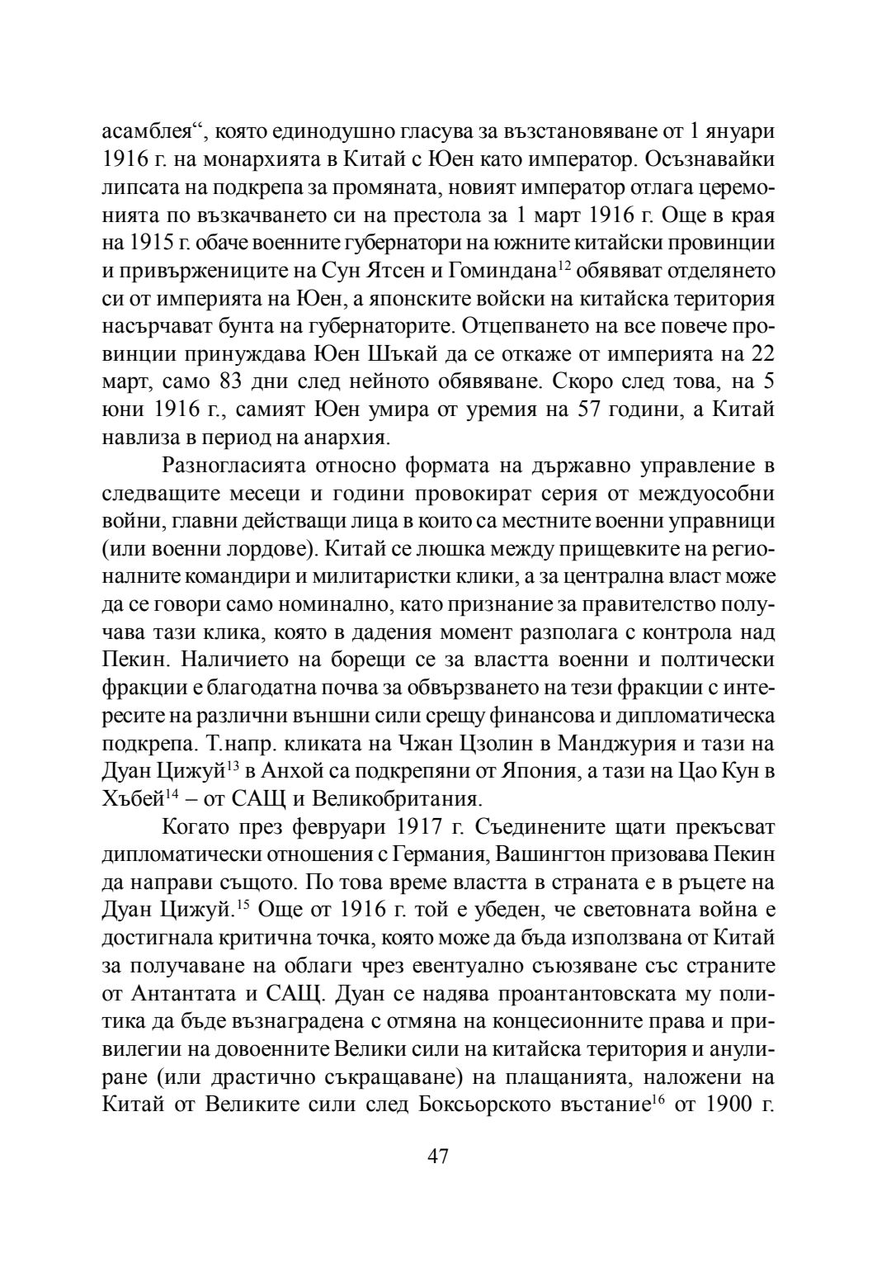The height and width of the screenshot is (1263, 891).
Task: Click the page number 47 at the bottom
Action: coord(437,1156)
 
